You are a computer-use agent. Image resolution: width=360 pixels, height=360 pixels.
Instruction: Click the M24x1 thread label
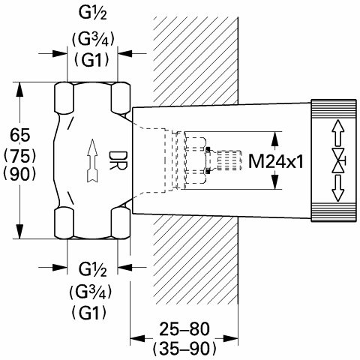tap(276, 161)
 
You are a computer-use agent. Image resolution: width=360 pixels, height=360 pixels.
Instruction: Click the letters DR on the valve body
tap(118, 160)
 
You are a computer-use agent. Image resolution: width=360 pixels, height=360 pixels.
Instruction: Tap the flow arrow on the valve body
tap(92, 160)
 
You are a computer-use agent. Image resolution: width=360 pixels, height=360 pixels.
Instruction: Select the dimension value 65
tap(20, 135)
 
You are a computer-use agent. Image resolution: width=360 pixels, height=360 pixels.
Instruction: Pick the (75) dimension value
tap(20, 157)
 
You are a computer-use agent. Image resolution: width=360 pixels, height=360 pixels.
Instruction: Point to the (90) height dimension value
tap(20, 174)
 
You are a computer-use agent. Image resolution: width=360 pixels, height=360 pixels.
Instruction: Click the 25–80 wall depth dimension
tap(184, 328)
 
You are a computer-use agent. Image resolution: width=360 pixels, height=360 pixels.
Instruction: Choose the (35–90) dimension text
tap(184, 348)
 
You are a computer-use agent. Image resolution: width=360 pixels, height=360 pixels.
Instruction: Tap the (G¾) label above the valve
tap(93, 40)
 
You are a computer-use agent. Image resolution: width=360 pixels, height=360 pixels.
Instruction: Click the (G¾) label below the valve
tap(90, 292)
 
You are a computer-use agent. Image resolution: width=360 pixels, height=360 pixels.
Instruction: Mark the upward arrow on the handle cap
tap(338, 133)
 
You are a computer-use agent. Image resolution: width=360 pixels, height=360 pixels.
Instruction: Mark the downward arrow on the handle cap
tap(338, 188)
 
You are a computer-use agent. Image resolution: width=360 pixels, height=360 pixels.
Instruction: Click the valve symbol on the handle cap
tap(338, 160)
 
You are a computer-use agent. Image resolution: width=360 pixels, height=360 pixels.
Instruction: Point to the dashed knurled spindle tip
tap(229, 160)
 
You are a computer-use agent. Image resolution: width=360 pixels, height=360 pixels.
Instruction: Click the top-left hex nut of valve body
tap(64, 97)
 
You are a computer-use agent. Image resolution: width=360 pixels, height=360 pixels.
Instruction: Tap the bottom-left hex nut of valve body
tap(64, 222)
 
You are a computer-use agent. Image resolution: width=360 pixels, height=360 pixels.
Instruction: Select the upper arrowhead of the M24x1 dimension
tap(275, 139)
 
